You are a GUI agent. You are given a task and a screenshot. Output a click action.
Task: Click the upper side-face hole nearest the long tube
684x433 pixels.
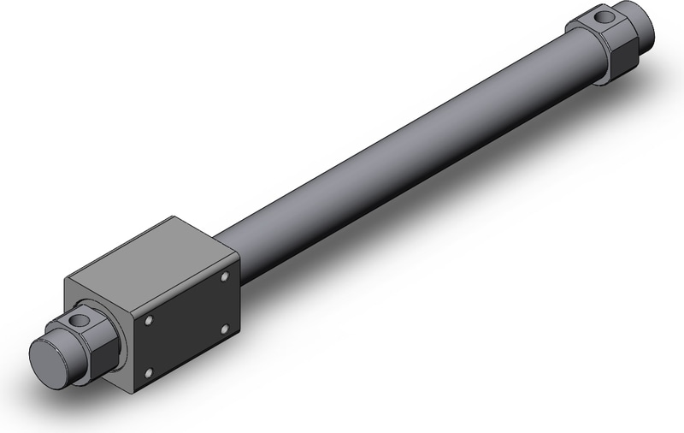tap(224, 276)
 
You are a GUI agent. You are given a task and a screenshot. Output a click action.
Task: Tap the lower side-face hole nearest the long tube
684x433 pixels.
tap(224, 327)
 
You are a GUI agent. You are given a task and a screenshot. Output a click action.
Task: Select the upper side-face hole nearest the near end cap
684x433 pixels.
tap(149, 320)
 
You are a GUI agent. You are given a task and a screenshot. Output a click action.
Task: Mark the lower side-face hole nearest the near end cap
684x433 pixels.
tap(149, 371)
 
